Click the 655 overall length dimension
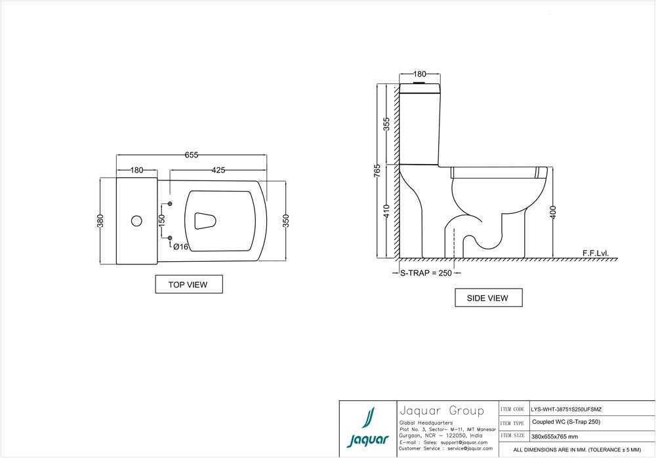pyautogui.click(x=191, y=155)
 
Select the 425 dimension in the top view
pyautogui.click(x=218, y=170)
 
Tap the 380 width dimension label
pyautogui.click(x=101, y=220)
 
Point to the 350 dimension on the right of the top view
pyautogui.click(x=285, y=220)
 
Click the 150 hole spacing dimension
pyautogui.click(x=162, y=220)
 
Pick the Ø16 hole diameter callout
pyautogui.click(x=181, y=247)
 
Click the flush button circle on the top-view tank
pyautogui.click(x=136, y=220)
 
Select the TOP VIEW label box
pyautogui.click(x=188, y=284)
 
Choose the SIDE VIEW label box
pyautogui.click(x=487, y=298)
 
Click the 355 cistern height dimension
pyautogui.click(x=387, y=123)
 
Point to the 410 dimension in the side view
pyautogui.click(x=387, y=211)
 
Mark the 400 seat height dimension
pyautogui.click(x=553, y=211)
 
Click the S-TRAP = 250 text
pyautogui.click(x=426, y=273)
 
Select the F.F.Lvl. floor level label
pyautogui.click(x=595, y=253)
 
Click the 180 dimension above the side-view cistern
pyautogui.click(x=420, y=74)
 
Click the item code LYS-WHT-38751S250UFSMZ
pyautogui.click(x=565, y=409)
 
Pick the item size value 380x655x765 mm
pyautogui.click(x=554, y=436)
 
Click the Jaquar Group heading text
pyautogui.click(x=441, y=411)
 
